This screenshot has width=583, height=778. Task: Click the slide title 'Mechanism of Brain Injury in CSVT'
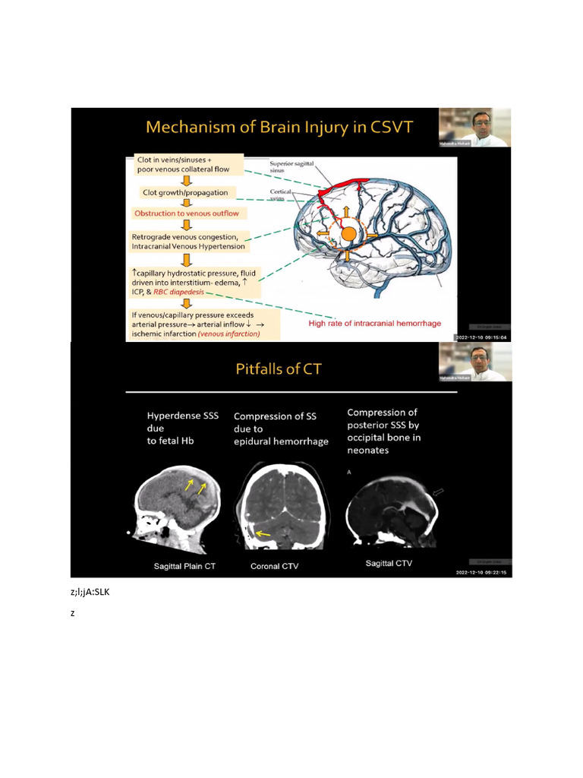coord(279,127)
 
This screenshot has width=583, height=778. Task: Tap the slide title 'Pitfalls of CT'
coord(279,370)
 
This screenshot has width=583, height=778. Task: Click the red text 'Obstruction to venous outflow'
coord(185,213)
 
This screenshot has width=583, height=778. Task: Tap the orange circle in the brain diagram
coord(348,234)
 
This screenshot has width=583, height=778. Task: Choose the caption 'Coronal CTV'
coord(272,566)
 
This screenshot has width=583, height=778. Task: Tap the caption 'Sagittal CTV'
coord(389,564)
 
